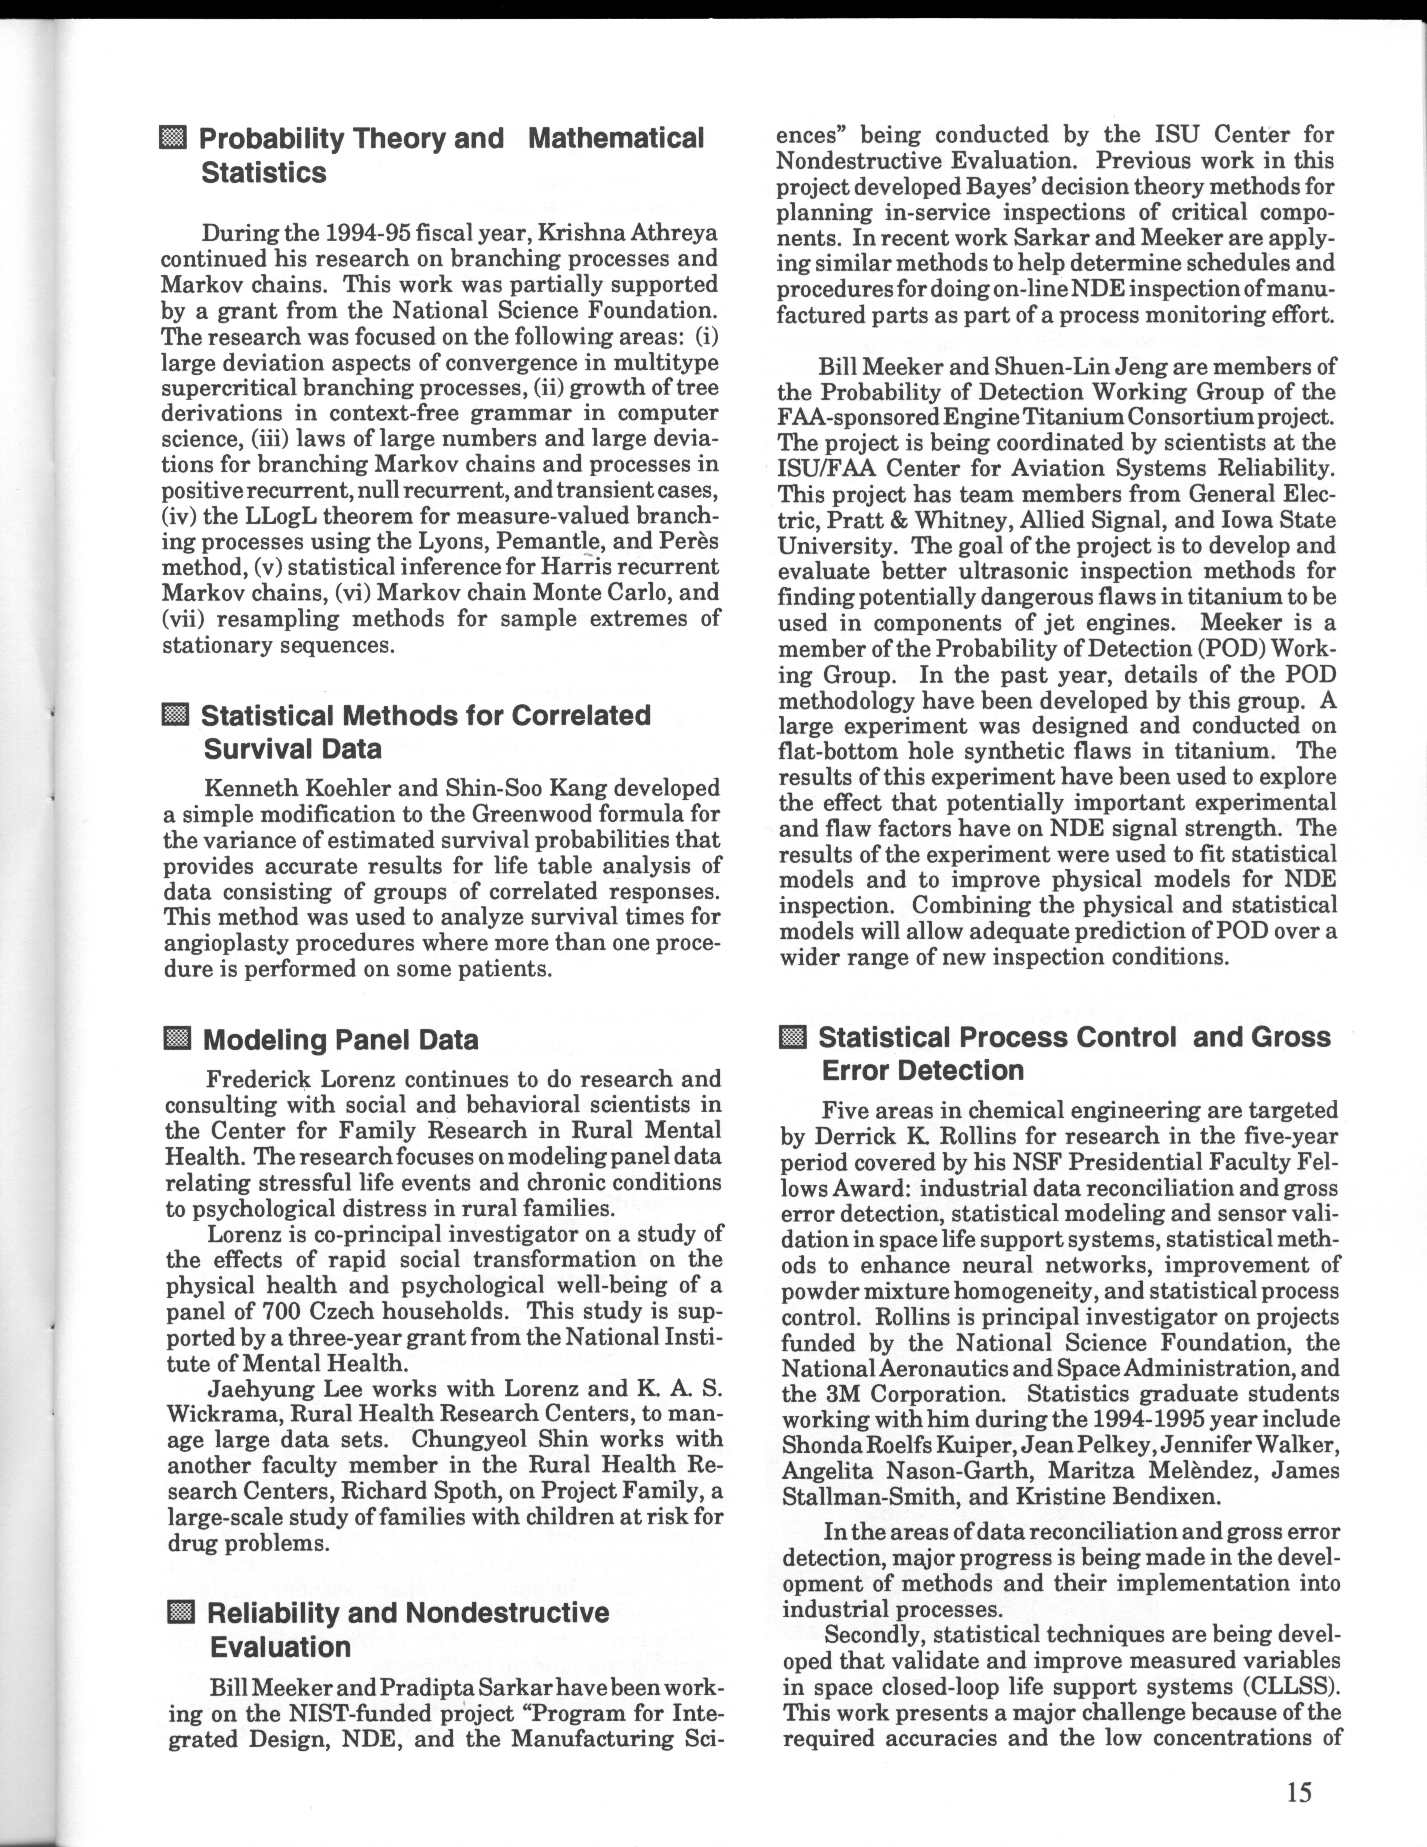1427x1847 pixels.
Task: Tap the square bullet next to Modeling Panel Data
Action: (177, 1038)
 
